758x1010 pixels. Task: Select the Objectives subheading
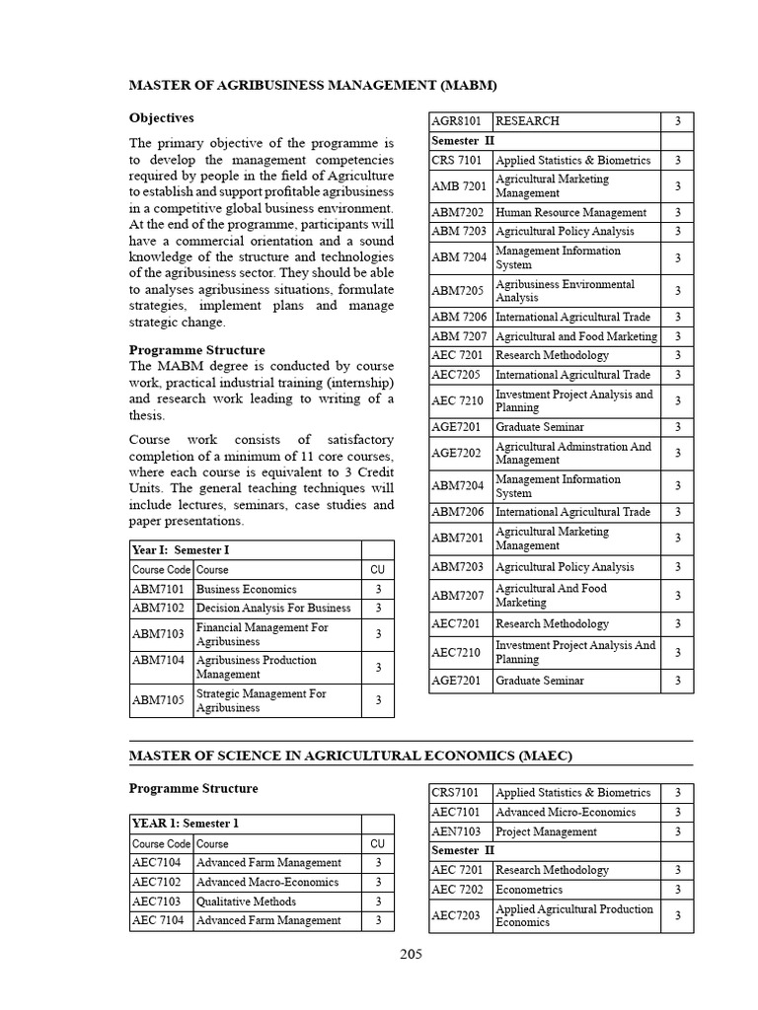162,118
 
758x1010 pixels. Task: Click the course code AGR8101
457,121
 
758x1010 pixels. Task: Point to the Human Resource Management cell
571,212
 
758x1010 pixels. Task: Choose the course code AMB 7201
460,186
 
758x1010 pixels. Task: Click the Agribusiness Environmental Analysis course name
565,291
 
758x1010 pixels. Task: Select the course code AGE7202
457,453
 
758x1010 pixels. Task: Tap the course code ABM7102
159,608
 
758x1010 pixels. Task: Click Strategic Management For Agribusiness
262,700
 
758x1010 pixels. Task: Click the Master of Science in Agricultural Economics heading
350,755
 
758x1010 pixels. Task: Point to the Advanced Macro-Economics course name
267,882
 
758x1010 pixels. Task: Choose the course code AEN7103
458,831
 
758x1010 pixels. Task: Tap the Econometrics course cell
530,890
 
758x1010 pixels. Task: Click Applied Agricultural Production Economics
573,915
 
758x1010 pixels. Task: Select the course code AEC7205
457,375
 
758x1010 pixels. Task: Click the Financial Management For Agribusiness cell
262,634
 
